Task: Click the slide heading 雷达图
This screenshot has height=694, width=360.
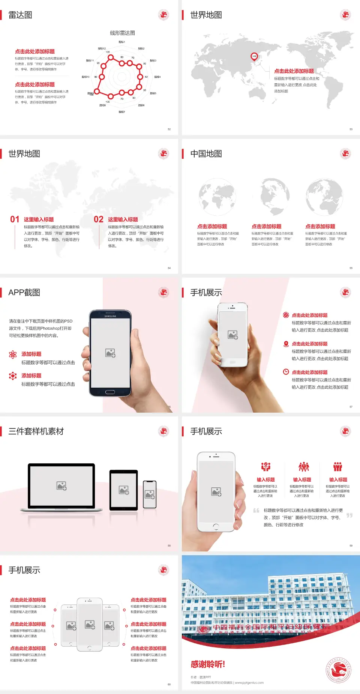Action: (x=20, y=15)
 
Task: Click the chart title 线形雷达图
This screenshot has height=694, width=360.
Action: (x=122, y=33)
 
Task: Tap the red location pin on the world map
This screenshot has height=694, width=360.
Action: (x=254, y=57)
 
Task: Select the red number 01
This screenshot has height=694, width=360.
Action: (x=15, y=219)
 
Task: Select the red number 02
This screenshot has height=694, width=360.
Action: (x=99, y=219)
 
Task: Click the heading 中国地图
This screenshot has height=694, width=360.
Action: (x=206, y=154)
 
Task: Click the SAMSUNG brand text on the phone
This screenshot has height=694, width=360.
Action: (x=110, y=316)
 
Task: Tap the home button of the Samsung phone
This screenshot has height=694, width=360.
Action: (x=110, y=392)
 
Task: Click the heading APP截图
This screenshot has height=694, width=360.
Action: (x=24, y=293)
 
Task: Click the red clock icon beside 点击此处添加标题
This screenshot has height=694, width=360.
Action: (x=286, y=372)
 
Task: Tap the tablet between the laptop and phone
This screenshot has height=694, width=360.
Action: (x=124, y=490)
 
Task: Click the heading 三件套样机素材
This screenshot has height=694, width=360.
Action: (x=36, y=431)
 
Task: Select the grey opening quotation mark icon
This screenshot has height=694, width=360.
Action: (x=256, y=511)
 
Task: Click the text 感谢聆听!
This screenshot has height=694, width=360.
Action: (x=208, y=664)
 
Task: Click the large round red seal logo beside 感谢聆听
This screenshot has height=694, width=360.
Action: (x=339, y=670)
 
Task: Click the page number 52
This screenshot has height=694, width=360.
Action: (x=169, y=129)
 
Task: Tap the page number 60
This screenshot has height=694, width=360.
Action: (x=169, y=684)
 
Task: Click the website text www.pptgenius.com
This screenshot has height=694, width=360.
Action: (x=249, y=683)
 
